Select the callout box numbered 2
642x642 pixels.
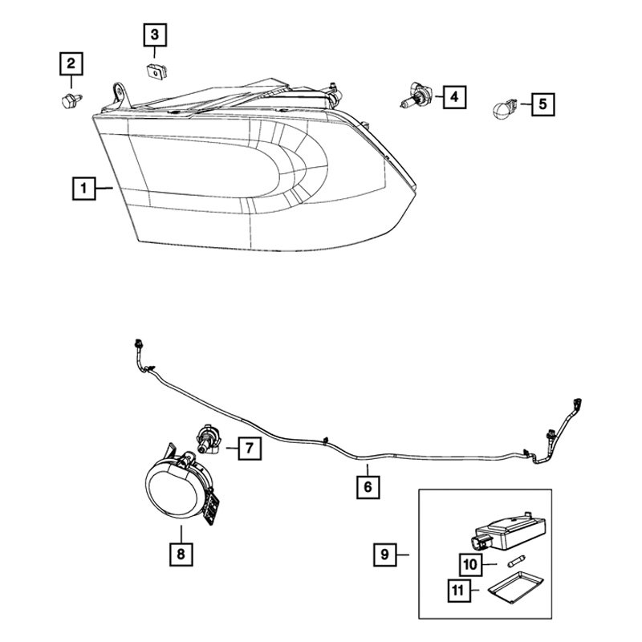(71, 63)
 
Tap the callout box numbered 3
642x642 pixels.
(154, 35)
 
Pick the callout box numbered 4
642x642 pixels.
(454, 98)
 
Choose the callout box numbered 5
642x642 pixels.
(541, 103)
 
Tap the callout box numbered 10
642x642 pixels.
(471, 564)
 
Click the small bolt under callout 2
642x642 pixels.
(67, 100)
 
